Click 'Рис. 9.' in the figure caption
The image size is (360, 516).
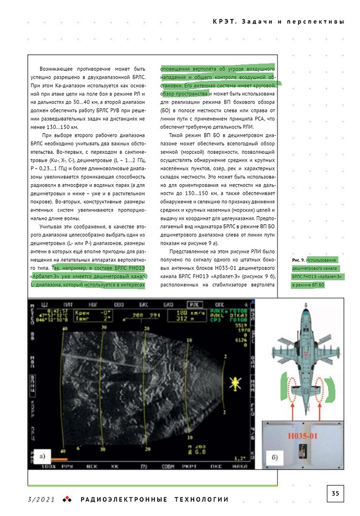(298, 260)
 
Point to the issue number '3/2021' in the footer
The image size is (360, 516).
(41, 499)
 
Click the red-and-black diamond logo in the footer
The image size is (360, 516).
(67, 499)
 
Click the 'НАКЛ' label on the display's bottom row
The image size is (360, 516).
(241, 466)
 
